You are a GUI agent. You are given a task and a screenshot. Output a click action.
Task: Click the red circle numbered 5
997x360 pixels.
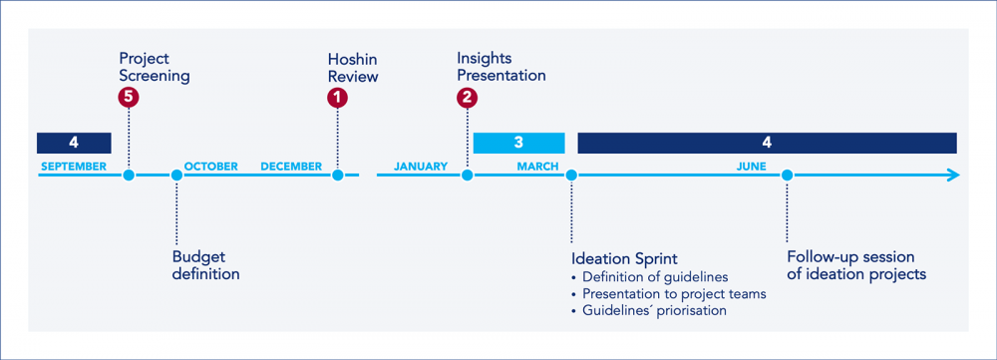coord(128,97)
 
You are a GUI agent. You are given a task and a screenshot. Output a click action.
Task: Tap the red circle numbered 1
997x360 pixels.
coord(338,97)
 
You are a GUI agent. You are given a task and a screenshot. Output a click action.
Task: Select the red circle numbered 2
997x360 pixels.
coord(467,97)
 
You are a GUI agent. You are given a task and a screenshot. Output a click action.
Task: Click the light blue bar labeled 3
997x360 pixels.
coord(518,143)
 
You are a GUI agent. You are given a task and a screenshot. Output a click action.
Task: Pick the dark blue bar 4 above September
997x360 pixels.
coord(74,143)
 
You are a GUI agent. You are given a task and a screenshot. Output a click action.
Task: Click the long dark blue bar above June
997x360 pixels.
coord(767,143)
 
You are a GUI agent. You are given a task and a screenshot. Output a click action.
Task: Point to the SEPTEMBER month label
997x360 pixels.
coord(73,167)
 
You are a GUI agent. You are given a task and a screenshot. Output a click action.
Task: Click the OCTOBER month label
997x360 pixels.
coord(211,167)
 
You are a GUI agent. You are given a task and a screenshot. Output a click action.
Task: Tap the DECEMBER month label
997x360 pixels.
coord(291,167)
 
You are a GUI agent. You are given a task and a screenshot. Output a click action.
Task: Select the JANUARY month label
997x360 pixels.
coord(420,167)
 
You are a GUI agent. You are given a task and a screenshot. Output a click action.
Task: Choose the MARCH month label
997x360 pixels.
coord(537,167)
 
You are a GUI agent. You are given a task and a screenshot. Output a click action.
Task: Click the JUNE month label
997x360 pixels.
coord(751,167)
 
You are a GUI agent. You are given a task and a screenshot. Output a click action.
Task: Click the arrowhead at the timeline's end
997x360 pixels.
coord(952,176)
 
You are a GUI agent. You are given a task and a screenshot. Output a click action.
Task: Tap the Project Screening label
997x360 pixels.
coord(155,67)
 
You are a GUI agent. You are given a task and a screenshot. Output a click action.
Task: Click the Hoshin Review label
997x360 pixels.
coord(353,67)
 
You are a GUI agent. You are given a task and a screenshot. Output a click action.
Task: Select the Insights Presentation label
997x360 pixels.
coord(501,67)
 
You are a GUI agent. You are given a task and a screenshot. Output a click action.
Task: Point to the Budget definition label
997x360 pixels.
coord(205,264)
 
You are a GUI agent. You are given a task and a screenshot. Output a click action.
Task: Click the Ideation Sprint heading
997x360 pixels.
coord(624,258)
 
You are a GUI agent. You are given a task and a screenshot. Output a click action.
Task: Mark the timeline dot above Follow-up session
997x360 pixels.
coord(787,176)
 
